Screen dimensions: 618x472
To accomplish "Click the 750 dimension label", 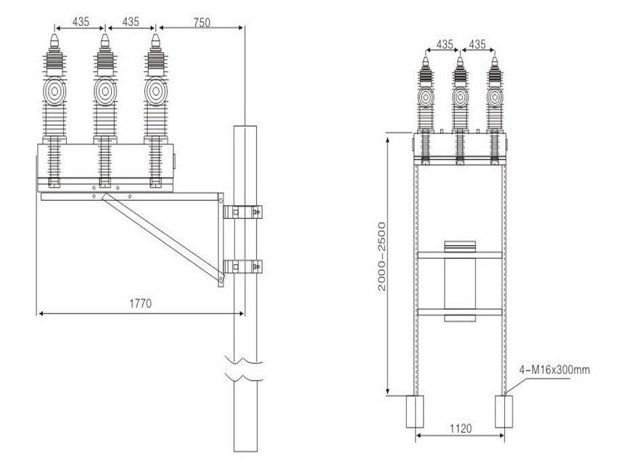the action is point(202,22).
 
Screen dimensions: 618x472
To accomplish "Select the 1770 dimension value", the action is point(140,303).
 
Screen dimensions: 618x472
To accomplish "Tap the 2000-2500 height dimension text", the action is point(382,257).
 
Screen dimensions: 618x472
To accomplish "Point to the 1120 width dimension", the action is point(461,428).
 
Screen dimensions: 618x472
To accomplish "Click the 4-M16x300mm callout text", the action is point(554,370).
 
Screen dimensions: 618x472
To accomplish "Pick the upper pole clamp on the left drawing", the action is point(243,212).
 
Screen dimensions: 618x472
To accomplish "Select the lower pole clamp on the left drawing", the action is point(243,267).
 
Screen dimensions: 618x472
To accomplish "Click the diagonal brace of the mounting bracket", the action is point(162,237).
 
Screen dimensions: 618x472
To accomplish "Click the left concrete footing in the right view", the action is point(415,411).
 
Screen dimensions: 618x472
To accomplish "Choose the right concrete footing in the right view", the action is point(503,411).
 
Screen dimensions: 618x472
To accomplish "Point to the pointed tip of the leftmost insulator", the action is point(54,35).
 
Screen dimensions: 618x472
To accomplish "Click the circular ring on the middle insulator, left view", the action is point(105,91).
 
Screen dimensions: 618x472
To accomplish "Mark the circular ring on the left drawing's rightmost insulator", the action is point(156,91).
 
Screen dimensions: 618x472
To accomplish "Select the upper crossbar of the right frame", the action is point(460,255).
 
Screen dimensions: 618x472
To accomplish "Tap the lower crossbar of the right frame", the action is point(460,312).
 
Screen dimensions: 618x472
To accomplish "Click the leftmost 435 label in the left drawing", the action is point(81,22).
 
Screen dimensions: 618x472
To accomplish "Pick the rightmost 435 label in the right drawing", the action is point(477,44).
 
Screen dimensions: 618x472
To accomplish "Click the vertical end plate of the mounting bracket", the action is point(221,239).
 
